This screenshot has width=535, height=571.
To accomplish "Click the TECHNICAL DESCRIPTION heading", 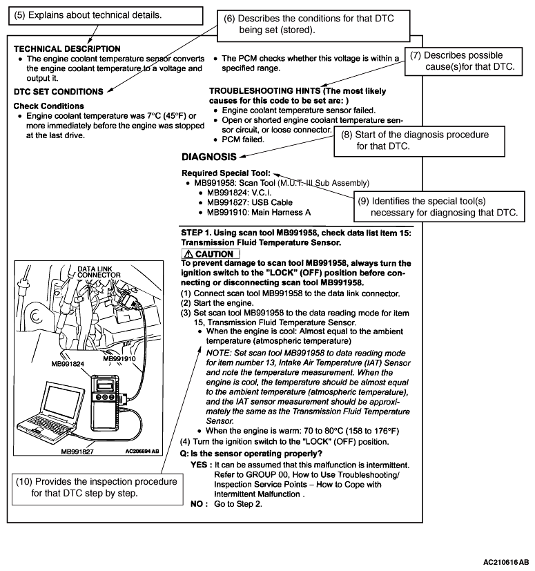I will point(67,49).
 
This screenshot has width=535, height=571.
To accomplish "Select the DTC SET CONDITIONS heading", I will point(58,90).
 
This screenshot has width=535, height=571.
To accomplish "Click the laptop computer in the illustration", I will point(61,415).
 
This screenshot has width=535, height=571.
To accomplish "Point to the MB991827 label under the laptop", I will point(78,452).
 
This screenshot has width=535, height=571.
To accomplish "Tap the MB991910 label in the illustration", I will point(120,359).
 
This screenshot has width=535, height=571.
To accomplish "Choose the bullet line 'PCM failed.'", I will point(238,139).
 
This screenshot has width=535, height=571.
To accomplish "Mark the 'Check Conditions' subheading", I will point(48,106).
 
